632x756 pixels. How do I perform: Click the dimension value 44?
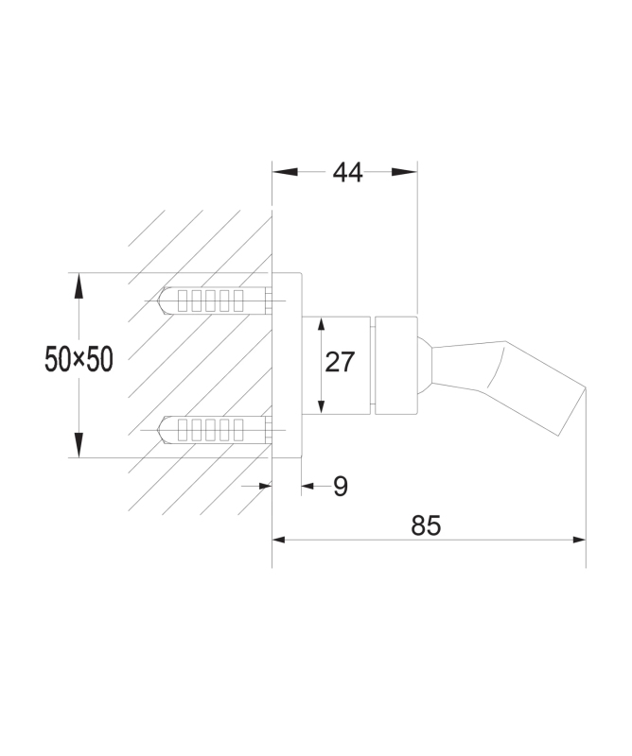pyautogui.click(x=347, y=173)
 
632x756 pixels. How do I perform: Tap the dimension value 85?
pyautogui.click(x=426, y=525)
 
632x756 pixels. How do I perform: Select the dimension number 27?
pyautogui.click(x=340, y=362)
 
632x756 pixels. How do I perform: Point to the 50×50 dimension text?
pyautogui.click(x=79, y=359)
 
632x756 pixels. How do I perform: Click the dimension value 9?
pyautogui.click(x=341, y=487)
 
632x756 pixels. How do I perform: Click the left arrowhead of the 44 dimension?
pyautogui.click(x=285, y=172)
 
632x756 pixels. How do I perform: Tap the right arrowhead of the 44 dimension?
pyautogui.click(x=404, y=172)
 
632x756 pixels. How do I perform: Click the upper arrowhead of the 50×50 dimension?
pyautogui.click(x=79, y=285)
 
